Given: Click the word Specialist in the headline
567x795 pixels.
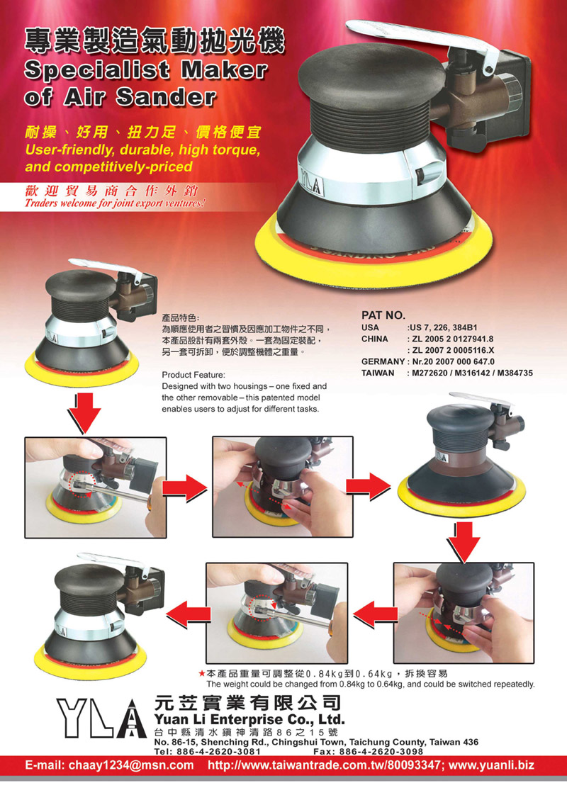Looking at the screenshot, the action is click(96, 69).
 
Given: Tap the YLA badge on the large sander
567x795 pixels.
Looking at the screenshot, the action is click(311, 183).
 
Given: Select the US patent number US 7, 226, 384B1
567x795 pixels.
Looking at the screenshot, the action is click(443, 327).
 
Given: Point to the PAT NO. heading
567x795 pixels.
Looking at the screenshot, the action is click(383, 315).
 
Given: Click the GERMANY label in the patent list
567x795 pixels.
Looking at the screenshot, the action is click(383, 361).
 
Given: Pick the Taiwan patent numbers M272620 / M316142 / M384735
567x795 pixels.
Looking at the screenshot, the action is click(472, 373).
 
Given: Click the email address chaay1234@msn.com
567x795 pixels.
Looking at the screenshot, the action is click(110, 765).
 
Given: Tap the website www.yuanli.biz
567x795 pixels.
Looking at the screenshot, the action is click(491, 765).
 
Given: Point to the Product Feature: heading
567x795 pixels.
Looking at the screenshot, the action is click(193, 376).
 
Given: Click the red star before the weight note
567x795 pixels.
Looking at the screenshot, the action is click(202, 674).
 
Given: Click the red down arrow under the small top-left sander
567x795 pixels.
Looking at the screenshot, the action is click(84, 412).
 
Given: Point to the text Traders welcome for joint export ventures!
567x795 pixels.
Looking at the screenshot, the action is click(116, 204).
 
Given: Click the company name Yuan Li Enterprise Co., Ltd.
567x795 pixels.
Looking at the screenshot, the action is click(249, 719).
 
